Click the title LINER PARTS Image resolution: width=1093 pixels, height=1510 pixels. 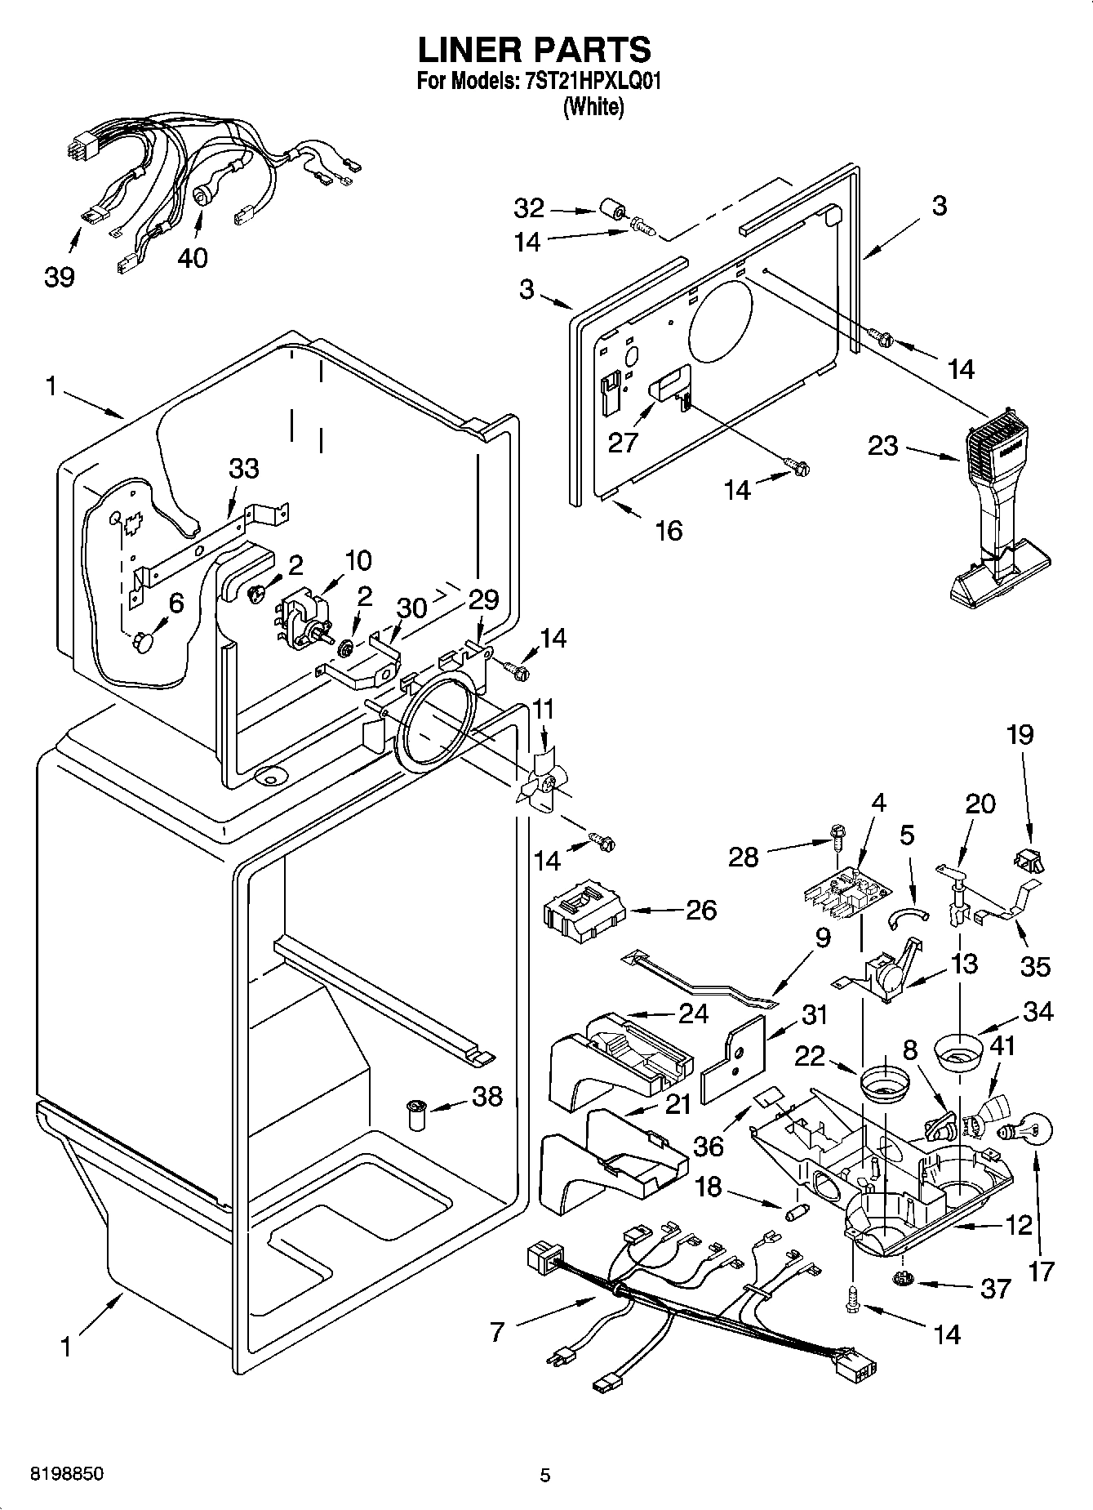(535, 50)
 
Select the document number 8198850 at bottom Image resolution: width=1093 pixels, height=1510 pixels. (67, 1474)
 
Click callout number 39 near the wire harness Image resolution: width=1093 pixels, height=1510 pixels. (59, 278)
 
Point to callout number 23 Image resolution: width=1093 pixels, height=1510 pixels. (882, 446)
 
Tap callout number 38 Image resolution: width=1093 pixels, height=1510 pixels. (487, 1096)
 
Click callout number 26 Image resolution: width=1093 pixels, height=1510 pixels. (701, 910)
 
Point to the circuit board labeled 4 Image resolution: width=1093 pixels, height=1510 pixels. (845, 893)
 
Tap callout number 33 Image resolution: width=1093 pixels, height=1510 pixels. (244, 468)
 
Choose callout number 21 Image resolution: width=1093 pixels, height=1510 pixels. (678, 1104)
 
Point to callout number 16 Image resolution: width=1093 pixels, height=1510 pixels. (669, 531)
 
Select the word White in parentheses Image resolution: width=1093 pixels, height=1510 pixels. (593, 106)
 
